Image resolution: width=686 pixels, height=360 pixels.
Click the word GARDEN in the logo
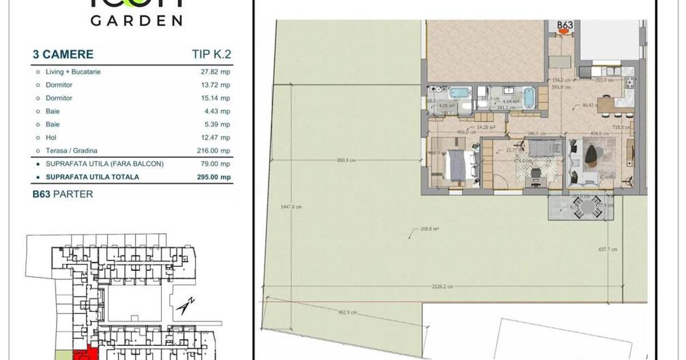(136, 20)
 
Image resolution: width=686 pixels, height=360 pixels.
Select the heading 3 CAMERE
(63, 55)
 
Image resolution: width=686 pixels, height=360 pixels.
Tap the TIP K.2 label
(212, 55)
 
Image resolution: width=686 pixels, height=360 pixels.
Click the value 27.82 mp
(217, 72)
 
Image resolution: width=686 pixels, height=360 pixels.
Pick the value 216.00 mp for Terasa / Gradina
(216, 151)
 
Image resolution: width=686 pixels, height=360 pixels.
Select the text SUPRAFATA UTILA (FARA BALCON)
(105, 164)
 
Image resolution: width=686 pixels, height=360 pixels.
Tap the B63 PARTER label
(62, 194)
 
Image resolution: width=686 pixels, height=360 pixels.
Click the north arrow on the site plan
(186, 307)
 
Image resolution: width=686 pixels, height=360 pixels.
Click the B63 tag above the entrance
(564, 26)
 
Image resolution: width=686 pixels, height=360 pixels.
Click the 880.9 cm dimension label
(346, 161)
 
